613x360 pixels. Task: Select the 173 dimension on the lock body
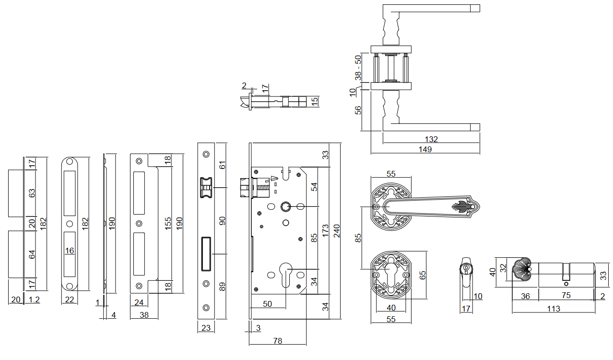point(325,230)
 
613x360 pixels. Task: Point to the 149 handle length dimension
point(425,149)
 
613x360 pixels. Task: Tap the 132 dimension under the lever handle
point(431,139)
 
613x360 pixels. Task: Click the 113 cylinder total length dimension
point(554,309)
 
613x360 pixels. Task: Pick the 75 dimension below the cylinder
point(566,296)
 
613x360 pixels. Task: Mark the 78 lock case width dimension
point(277,341)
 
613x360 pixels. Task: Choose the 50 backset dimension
point(267,304)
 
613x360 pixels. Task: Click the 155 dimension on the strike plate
point(168,223)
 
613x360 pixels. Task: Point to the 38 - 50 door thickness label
point(358,67)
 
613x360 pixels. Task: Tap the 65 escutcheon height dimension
point(423,275)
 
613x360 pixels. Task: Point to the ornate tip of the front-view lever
point(464,207)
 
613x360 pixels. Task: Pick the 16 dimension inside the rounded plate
point(70,251)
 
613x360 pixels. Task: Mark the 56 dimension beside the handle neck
point(358,110)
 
